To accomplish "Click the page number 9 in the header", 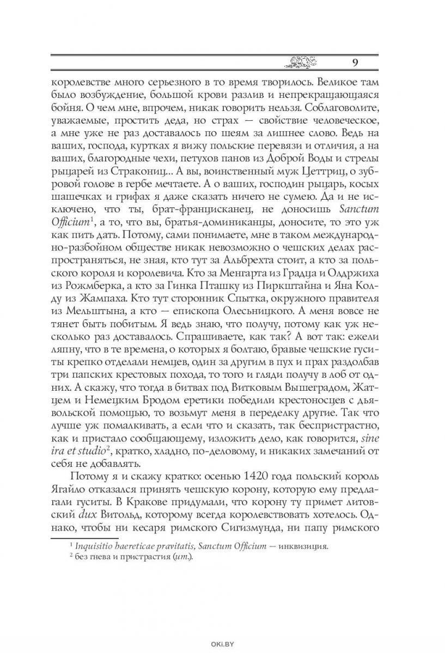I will (355, 61).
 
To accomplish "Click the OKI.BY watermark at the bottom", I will (222, 645).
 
